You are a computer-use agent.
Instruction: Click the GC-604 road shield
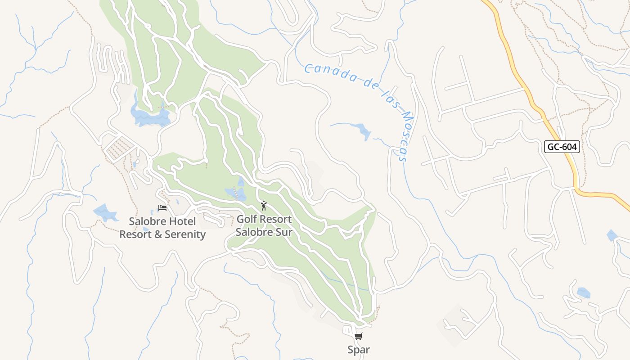pyautogui.click(x=561, y=147)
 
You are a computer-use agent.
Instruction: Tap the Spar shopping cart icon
pyautogui.click(x=359, y=336)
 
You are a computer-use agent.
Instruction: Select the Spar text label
pyautogui.click(x=359, y=350)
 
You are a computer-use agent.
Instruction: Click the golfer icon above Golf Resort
pyautogui.click(x=264, y=206)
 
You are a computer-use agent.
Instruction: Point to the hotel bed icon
pyautogui.click(x=162, y=207)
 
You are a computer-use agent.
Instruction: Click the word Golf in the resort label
pyautogui.click(x=247, y=220)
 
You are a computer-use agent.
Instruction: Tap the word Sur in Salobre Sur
pyautogui.click(x=283, y=232)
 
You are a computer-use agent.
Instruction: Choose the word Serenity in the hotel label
pyautogui.click(x=185, y=234)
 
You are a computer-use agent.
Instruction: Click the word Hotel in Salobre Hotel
pyautogui.click(x=182, y=221)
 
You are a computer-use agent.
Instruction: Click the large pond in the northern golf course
pyautogui.click(x=150, y=117)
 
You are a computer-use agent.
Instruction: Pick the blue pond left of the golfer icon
pyautogui.click(x=236, y=193)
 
